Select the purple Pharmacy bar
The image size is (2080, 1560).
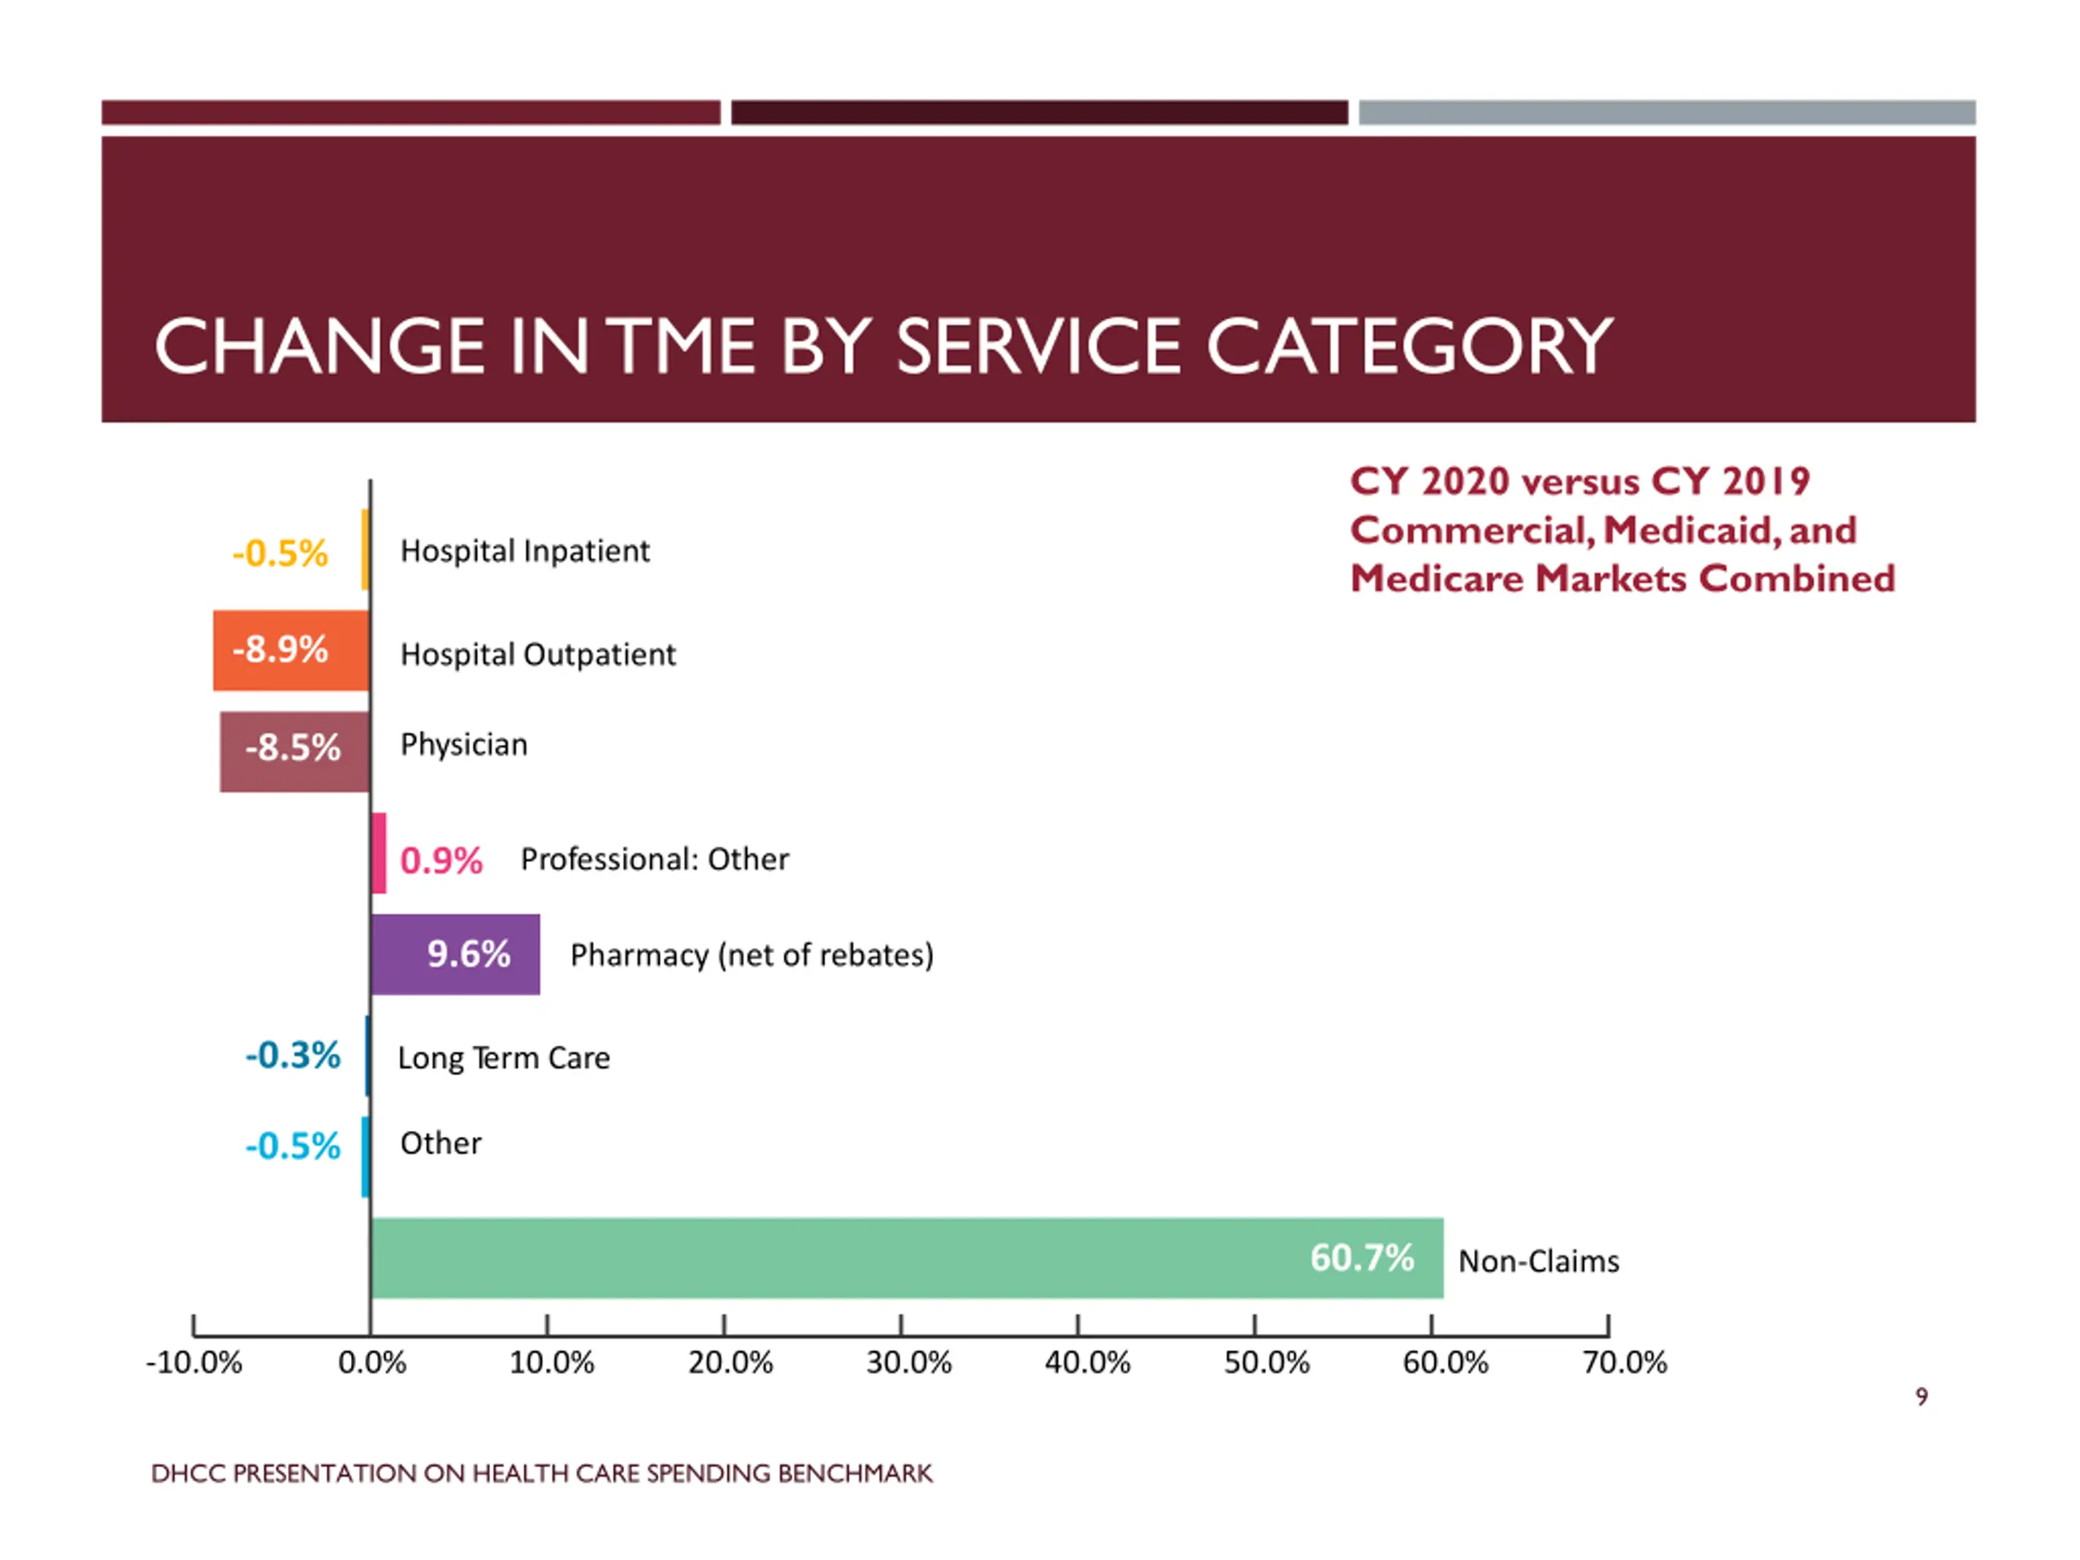click(455, 954)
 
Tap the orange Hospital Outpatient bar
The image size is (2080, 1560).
click(291, 650)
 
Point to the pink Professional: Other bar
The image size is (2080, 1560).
click(379, 852)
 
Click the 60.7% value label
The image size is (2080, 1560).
click(1362, 1257)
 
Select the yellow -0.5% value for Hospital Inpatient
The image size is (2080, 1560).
click(280, 553)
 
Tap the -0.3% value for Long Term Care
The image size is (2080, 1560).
click(292, 1055)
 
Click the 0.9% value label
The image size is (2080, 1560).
click(441, 860)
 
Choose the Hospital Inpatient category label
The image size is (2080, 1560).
click(525, 551)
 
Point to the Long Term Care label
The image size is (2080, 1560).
click(504, 1058)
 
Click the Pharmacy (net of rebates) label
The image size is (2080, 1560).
click(752, 955)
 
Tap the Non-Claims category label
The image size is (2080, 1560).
click(1538, 1261)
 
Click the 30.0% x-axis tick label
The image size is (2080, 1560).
click(908, 1362)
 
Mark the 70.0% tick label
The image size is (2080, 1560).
click(1624, 1362)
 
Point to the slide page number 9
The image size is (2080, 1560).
click(1921, 1397)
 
